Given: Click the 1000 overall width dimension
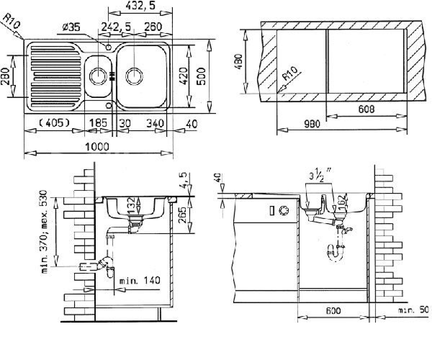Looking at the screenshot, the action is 97,147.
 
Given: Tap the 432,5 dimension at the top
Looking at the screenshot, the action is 140,6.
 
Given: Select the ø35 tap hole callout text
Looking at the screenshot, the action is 71,27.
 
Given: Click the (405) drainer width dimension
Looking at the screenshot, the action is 54,123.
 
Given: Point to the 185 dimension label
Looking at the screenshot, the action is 98,123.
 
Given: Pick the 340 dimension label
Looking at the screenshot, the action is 155,123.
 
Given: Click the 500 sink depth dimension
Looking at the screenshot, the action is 201,76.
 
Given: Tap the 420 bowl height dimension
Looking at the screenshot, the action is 184,76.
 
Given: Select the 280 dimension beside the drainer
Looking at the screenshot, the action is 5,77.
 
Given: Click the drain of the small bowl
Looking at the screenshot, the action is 98,76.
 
